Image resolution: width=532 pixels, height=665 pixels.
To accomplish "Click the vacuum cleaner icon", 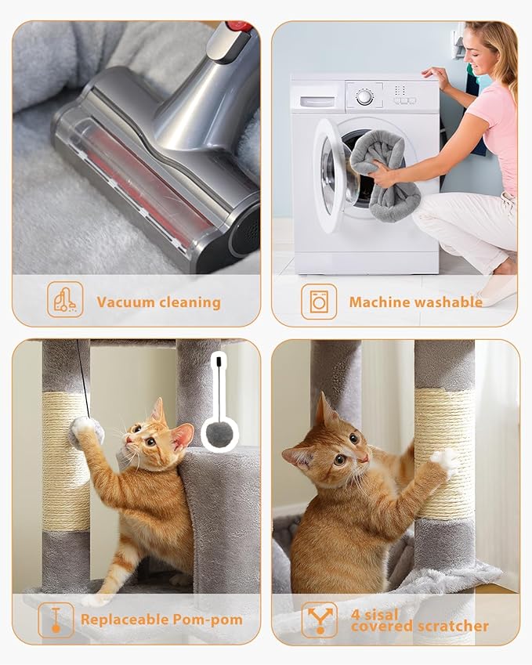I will click(64, 300).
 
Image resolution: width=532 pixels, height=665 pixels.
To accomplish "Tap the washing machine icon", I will click(319, 302).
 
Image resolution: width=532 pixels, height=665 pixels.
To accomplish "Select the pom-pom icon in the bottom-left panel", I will click(56, 619).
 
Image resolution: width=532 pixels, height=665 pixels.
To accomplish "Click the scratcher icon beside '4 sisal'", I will click(320, 620).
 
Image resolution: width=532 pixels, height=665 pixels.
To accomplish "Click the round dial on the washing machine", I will click(364, 97).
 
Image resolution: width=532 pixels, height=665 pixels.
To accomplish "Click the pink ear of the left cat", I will click(182, 435).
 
